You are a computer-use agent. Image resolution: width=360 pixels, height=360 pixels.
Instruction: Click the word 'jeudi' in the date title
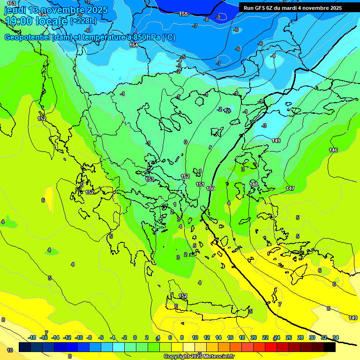coord(15,10)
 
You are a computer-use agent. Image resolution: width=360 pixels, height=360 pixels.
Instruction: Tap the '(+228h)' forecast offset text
coord(83,21)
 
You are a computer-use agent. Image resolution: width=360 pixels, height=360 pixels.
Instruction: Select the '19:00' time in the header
coord(18,21)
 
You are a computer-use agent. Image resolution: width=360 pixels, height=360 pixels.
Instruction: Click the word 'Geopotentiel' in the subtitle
coord(28,37)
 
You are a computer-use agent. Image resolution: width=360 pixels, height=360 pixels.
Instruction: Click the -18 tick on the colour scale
coord(32,337)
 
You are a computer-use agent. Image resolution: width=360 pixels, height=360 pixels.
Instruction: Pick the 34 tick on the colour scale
coord(336,337)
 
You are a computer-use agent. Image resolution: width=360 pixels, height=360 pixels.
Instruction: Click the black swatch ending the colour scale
coord(330,347)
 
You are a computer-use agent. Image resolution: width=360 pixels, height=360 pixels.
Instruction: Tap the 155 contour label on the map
coord(183,14)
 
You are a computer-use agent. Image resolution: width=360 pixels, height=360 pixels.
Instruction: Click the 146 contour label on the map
coord(333,150)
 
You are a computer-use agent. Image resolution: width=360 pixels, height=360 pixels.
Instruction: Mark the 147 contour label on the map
coord(290,188)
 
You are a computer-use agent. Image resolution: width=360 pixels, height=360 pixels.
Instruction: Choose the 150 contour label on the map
coord(210,188)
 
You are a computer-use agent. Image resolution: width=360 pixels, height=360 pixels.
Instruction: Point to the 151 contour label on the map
coord(200,184)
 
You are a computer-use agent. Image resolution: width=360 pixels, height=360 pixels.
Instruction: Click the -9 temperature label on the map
coord(218,17)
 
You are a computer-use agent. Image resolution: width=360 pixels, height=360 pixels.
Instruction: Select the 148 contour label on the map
coord(254,184)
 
